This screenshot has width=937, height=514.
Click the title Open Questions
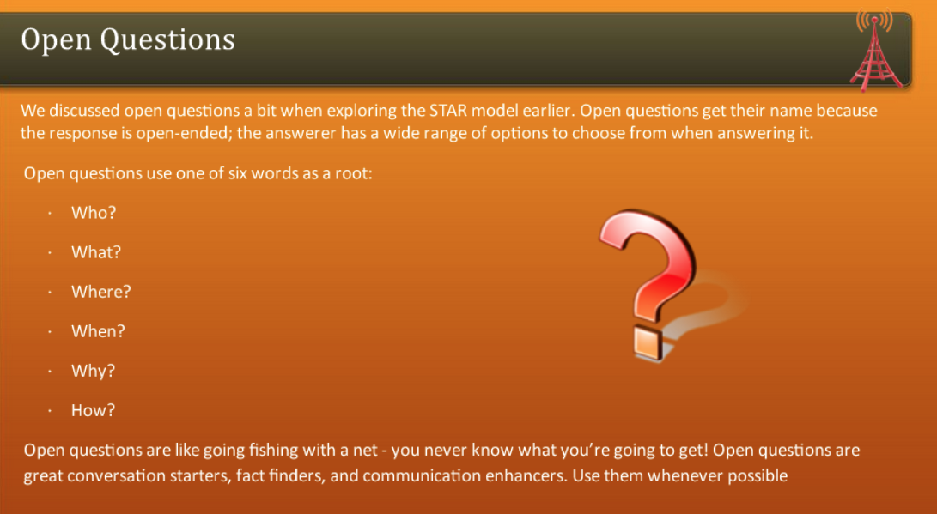coord(128,39)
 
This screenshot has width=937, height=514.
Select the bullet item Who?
coord(94,213)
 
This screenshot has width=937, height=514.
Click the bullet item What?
coord(96,252)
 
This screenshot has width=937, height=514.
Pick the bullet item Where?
coord(101,292)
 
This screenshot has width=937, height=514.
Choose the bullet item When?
coord(98,331)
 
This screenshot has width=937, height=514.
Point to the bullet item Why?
coord(93,371)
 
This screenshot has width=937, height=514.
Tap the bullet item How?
coord(93,410)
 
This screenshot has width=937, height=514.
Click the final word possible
coord(758,475)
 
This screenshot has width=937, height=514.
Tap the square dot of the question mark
coord(647,343)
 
